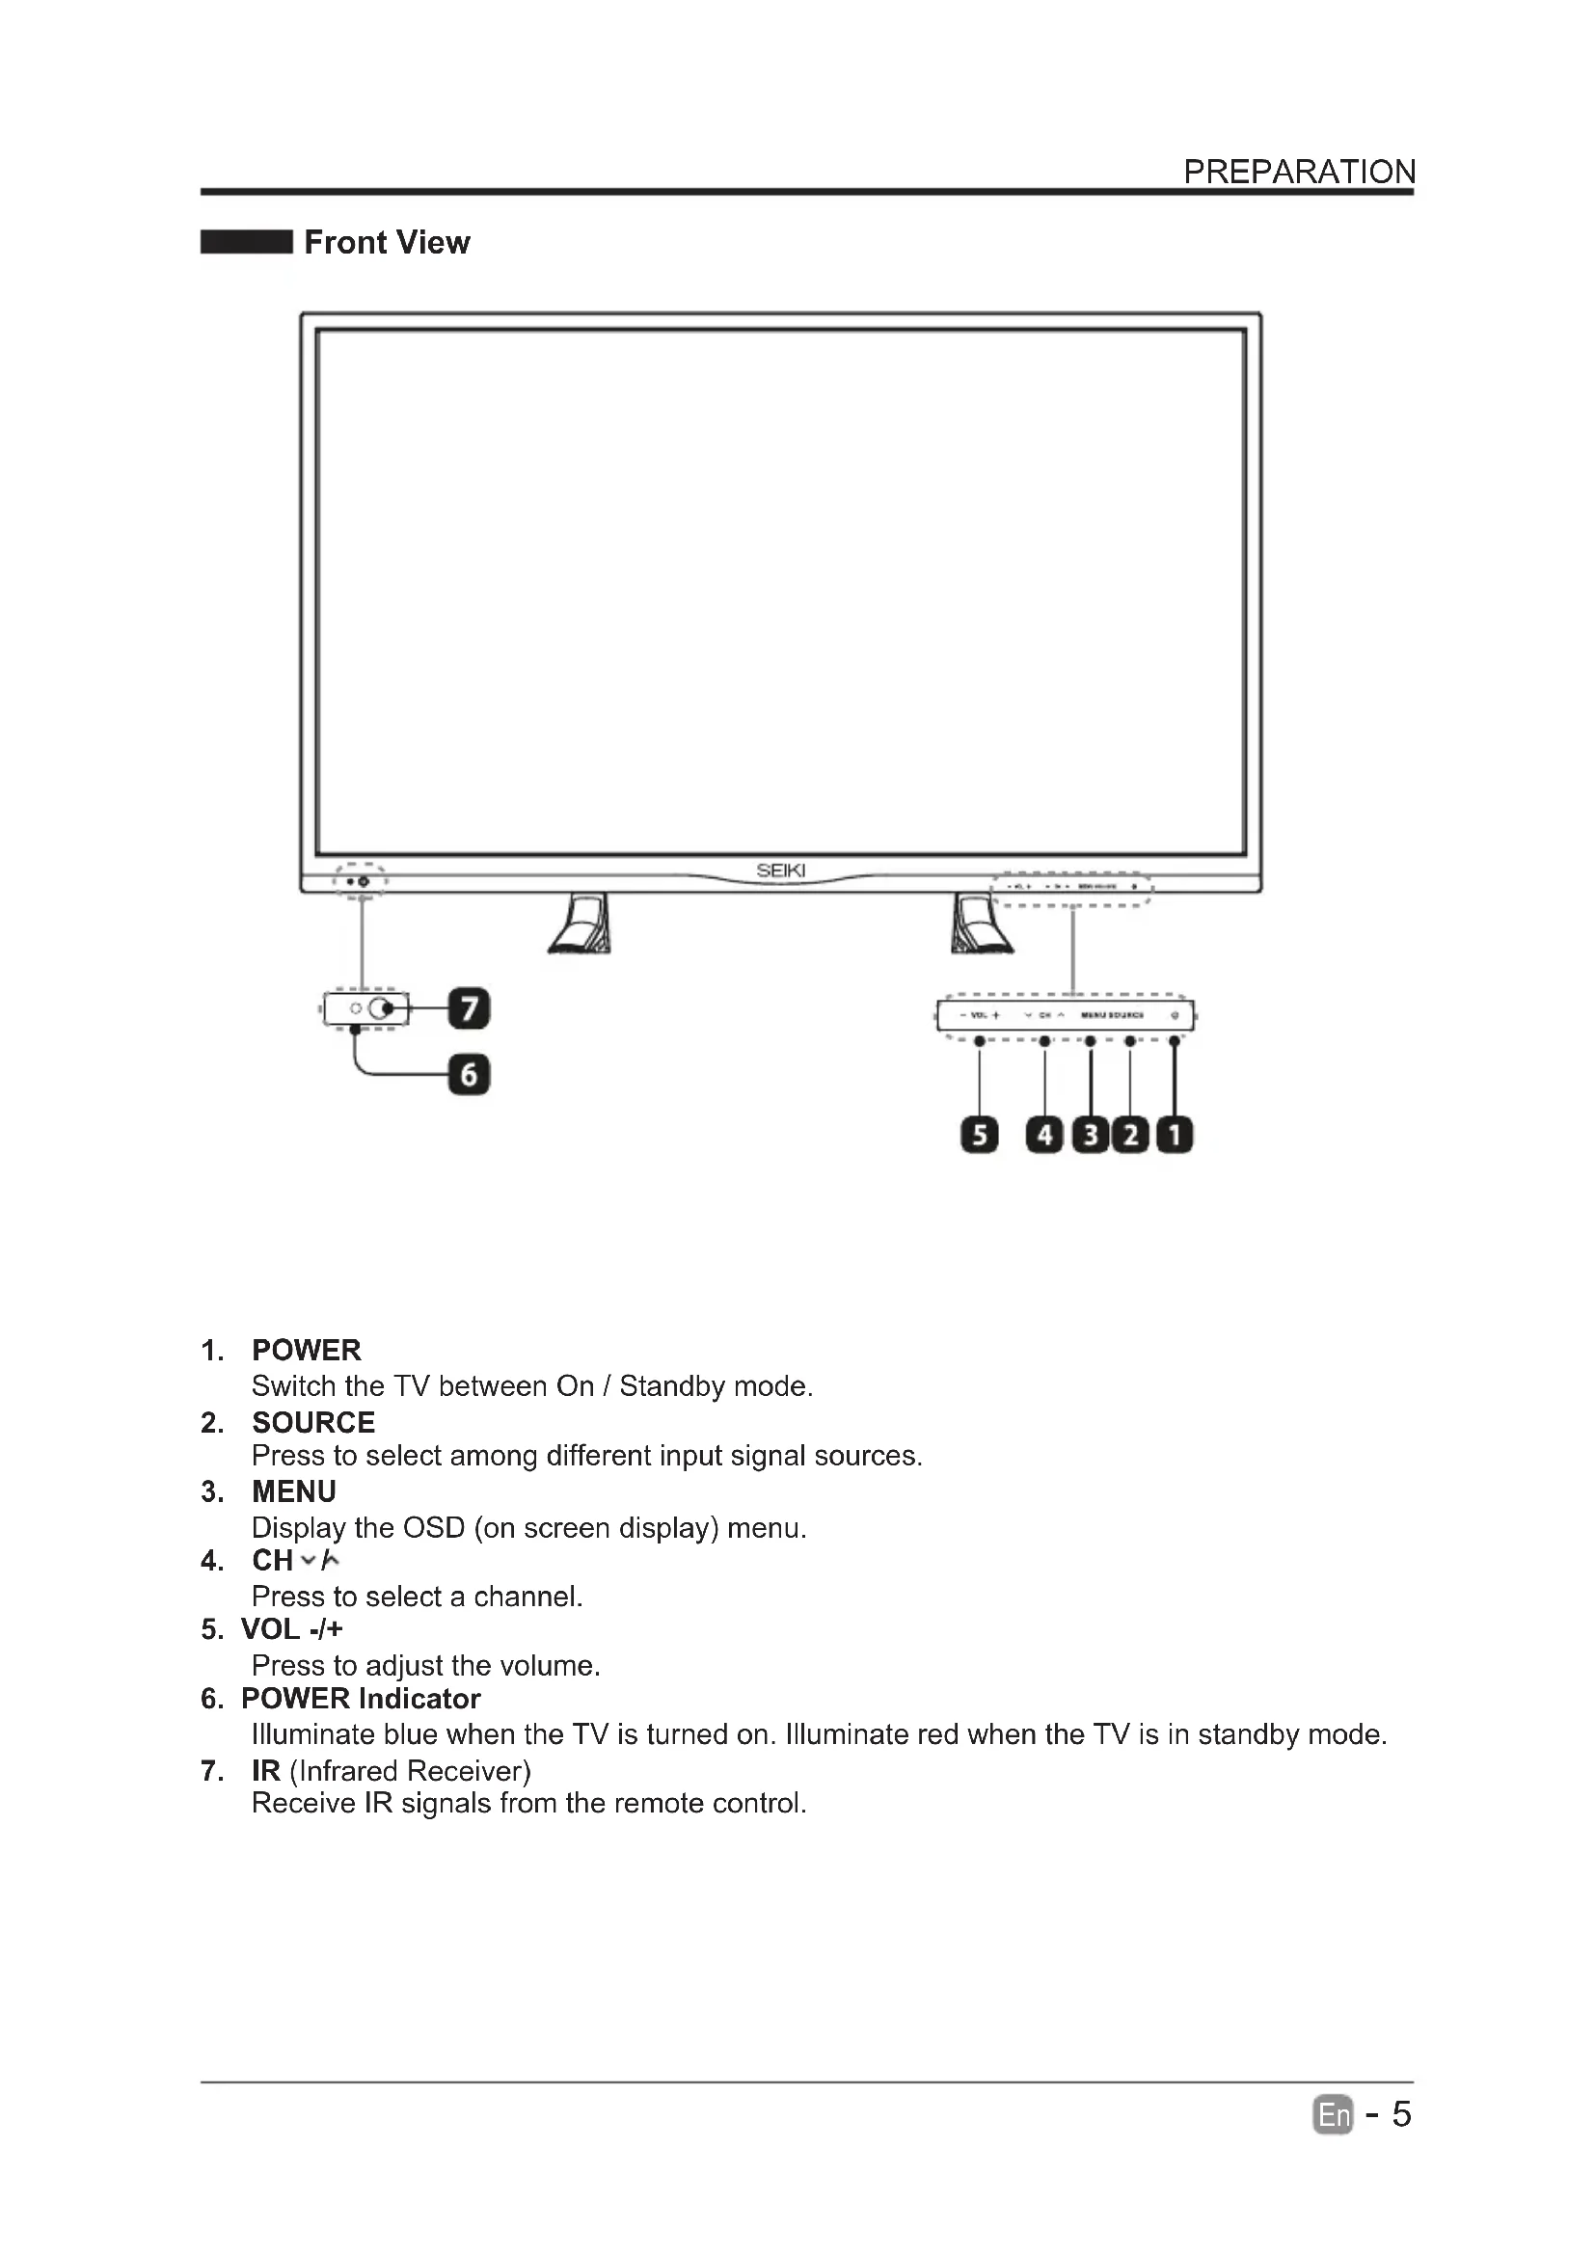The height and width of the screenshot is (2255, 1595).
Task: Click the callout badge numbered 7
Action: (469, 1009)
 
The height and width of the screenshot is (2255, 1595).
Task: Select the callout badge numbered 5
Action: (978, 1136)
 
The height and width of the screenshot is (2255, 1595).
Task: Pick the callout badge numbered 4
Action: (1044, 1136)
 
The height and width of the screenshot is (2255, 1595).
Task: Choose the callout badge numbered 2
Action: (1130, 1136)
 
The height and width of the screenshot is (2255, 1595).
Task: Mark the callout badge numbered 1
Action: (1175, 1136)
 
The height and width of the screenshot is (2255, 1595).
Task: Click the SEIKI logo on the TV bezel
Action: (781, 871)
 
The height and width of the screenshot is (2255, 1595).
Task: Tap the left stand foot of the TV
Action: (581, 925)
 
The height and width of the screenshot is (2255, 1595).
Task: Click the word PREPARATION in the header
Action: (1298, 172)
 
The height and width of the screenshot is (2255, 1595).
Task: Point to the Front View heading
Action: (387, 243)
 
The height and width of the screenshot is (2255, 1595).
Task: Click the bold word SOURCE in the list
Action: (313, 1422)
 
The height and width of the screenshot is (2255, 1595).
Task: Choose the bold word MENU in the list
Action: (294, 1490)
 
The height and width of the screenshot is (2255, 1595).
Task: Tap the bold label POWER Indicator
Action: (361, 1698)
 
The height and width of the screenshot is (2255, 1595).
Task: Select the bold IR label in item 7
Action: (266, 1770)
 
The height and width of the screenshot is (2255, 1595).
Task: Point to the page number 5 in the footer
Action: (1401, 2113)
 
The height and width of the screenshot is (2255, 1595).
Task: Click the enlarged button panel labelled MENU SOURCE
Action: (1066, 1014)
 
